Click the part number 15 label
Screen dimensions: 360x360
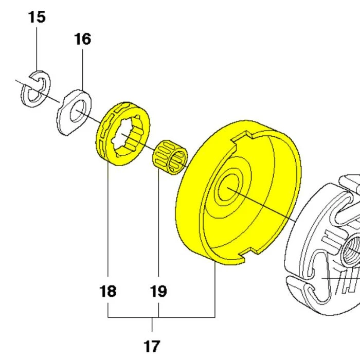click(x=37, y=17)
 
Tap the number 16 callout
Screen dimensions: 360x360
click(x=83, y=39)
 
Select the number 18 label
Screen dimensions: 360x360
click(x=108, y=292)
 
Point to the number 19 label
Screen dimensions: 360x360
click(x=158, y=292)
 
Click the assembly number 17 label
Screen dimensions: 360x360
click(x=153, y=345)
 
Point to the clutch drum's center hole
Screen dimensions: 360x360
click(x=226, y=189)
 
